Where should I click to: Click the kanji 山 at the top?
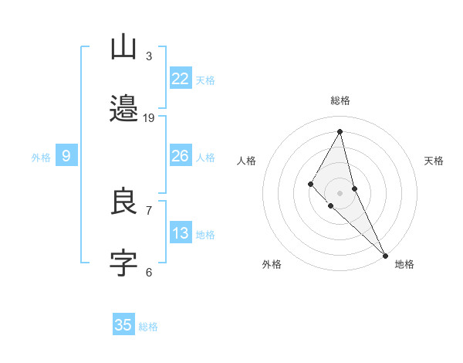click(123, 48)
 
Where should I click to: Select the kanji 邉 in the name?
click(123, 109)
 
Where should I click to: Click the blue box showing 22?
click(180, 79)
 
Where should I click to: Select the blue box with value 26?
click(180, 156)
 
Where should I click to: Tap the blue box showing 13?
click(180, 233)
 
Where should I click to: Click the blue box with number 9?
click(66, 156)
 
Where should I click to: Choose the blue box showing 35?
click(123, 325)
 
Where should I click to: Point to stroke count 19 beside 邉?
click(149, 118)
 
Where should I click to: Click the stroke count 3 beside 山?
click(149, 56)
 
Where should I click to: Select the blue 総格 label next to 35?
click(148, 327)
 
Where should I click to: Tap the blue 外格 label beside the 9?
click(41, 158)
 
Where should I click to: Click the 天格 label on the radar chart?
click(434, 161)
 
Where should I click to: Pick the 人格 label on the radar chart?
click(247, 161)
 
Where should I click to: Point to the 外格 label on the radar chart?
click(272, 264)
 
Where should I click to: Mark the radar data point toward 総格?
click(340, 131)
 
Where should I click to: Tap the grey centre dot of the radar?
click(340, 192)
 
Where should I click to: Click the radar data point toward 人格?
click(311, 184)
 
